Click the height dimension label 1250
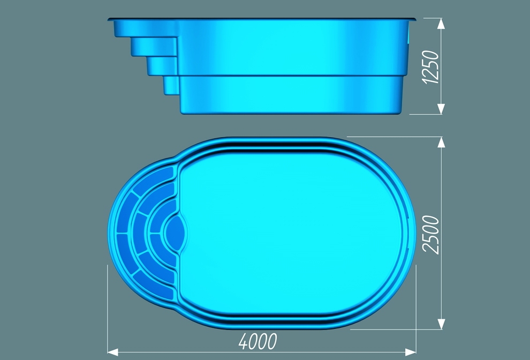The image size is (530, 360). click(x=431, y=67)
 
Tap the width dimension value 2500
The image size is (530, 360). click(x=431, y=235)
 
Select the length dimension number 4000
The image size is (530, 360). click(x=258, y=341)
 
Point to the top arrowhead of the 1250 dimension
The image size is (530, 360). click(x=441, y=24)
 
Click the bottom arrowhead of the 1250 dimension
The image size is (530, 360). click(x=441, y=109)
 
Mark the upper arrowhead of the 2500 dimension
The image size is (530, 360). click(x=441, y=142)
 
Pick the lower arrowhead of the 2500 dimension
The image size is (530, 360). click(x=441, y=324)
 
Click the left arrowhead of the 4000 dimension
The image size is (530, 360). click(x=113, y=352)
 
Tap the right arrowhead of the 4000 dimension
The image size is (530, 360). click(x=410, y=352)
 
